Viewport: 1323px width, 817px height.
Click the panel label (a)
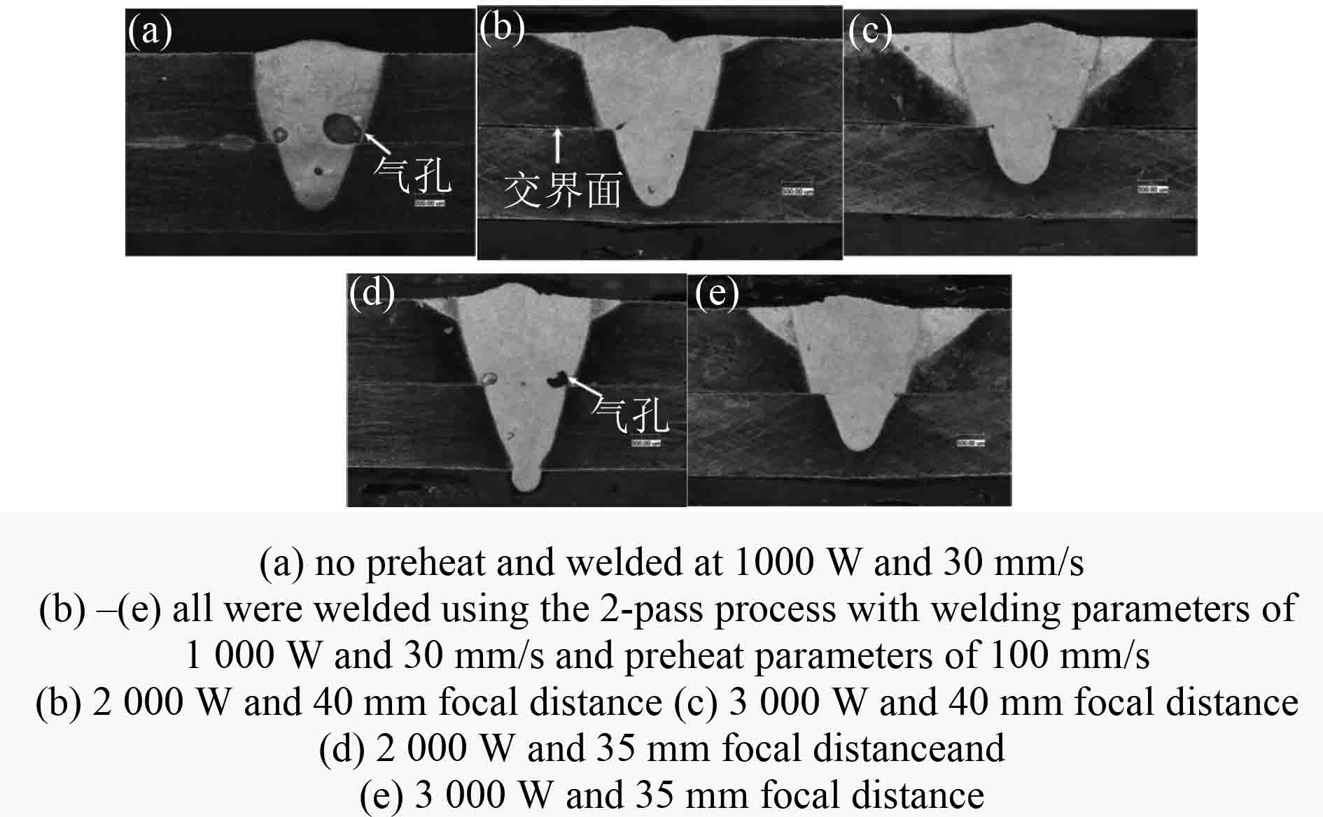coord(150,32)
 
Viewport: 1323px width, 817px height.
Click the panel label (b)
coord(503,29)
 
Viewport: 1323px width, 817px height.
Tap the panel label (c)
coord(869,31)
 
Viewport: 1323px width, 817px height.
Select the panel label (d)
coord(372,292)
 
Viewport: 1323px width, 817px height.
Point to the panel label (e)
coord(717,293)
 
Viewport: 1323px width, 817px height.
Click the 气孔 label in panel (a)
coord(412,173)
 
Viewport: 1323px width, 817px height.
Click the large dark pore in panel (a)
coord(342,128)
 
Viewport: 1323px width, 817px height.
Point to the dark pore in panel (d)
coord(560,378)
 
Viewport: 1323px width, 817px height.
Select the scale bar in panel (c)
coord(1153,189)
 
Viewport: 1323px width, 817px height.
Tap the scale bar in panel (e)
coord(970,443)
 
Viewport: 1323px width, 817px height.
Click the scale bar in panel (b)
coord(797,190)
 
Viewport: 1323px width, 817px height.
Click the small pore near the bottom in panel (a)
coord(319,170)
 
